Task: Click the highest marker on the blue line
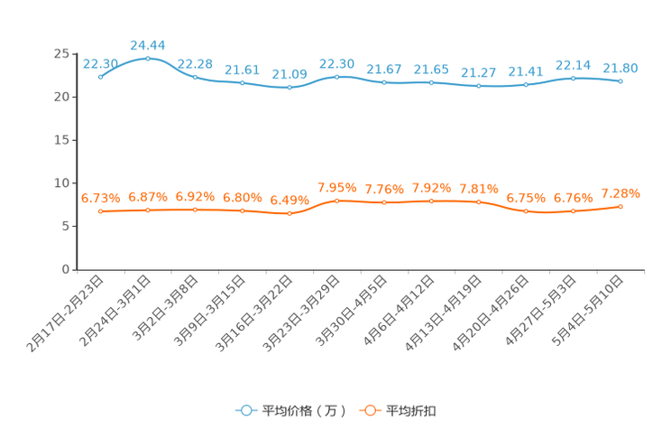(148, 59)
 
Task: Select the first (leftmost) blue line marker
(101, 78)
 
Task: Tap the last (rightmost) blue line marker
(620, 81)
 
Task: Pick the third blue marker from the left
(195, 77)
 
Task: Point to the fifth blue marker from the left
(290, 88)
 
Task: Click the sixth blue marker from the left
(336, 77)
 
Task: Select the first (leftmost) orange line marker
(101, 211)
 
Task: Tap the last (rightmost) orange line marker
(620, 206)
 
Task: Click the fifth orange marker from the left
(290, 213)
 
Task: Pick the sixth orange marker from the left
(336, 201)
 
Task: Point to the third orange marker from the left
(195, 210)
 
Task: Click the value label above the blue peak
(148, 44)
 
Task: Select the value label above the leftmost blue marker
(100, 62)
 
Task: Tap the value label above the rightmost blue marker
(620, 67)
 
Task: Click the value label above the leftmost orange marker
(100, 197)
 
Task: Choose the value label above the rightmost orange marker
(620, 192)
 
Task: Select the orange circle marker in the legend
(369, 410)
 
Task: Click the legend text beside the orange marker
(412, 411)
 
